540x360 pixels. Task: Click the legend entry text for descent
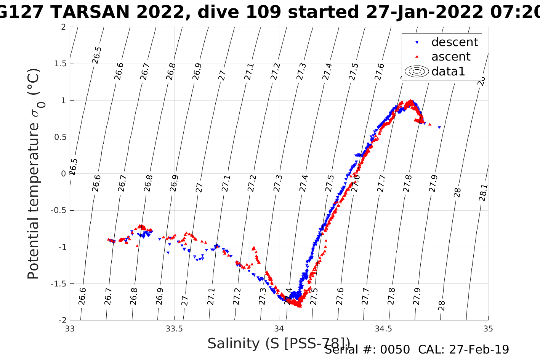click(454, 42)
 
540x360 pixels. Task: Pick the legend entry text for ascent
click(451, 57)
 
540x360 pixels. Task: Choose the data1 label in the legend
click(448, 71)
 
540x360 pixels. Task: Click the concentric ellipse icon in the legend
click(417, 72)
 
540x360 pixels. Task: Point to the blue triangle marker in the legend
click(417, 42)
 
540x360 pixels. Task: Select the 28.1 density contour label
click(483, 193)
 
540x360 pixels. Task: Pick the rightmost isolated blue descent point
click(439, 127)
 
